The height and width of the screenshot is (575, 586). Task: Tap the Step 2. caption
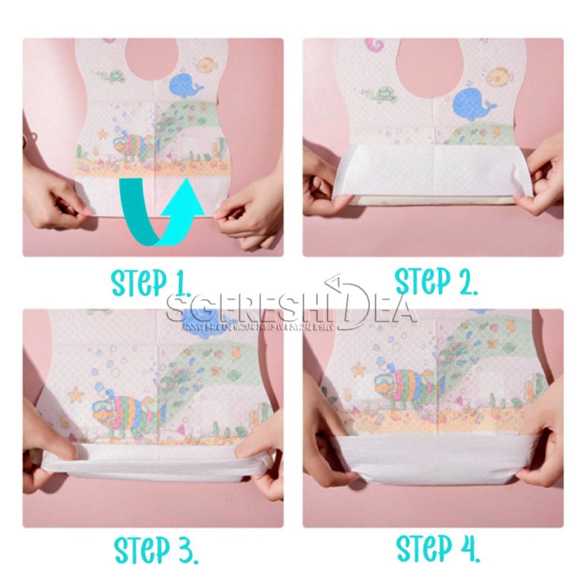click(x=436, y=281)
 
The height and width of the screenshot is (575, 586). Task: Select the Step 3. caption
click(x=156, y=549)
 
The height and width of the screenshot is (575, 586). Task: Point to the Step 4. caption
click(x=438, y=548)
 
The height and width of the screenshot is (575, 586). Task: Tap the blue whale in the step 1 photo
click(x=185, y=85)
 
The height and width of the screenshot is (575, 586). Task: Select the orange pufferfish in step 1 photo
click(x=207, y=66)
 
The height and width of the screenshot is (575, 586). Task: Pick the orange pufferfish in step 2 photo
click(x=499, y=77)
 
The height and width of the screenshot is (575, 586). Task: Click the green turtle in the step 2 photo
click(x=382, y=94)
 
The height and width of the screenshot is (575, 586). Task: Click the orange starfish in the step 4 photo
click(x=358, y=370)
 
